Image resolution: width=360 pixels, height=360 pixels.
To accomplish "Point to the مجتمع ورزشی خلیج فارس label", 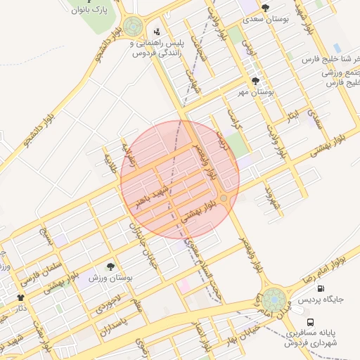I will click(340, 77).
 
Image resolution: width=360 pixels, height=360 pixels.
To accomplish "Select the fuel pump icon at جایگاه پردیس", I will click(321, 288).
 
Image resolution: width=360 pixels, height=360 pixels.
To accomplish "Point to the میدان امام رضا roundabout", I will click(274, 298).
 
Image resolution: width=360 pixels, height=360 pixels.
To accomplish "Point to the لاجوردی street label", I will click(108, 301).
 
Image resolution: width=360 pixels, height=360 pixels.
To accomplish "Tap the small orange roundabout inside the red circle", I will click(224, 199).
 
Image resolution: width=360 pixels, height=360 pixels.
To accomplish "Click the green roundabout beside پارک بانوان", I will click(132, 27).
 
